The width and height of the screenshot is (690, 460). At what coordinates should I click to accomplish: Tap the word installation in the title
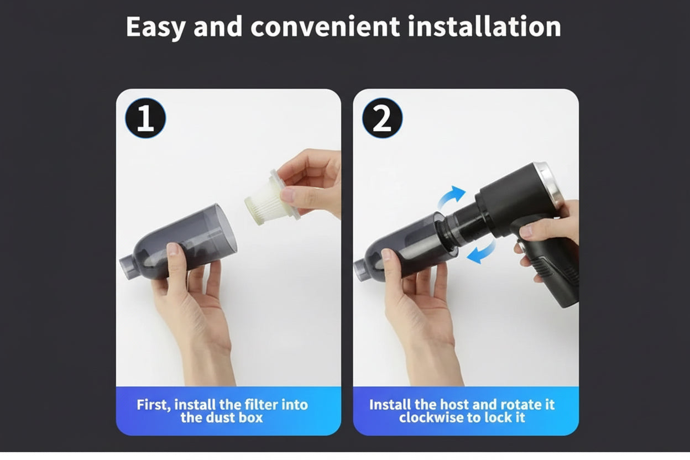pyautogui.click(x=484, y=27)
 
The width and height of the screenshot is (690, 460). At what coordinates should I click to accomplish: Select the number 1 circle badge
pyautogui.click(x=145, y=118)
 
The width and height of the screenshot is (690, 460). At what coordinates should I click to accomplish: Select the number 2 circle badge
pyautogui.click(x=382, y=118)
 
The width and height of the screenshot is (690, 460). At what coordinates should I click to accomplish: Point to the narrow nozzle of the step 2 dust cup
pyautogui.click(x=362, y=270)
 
